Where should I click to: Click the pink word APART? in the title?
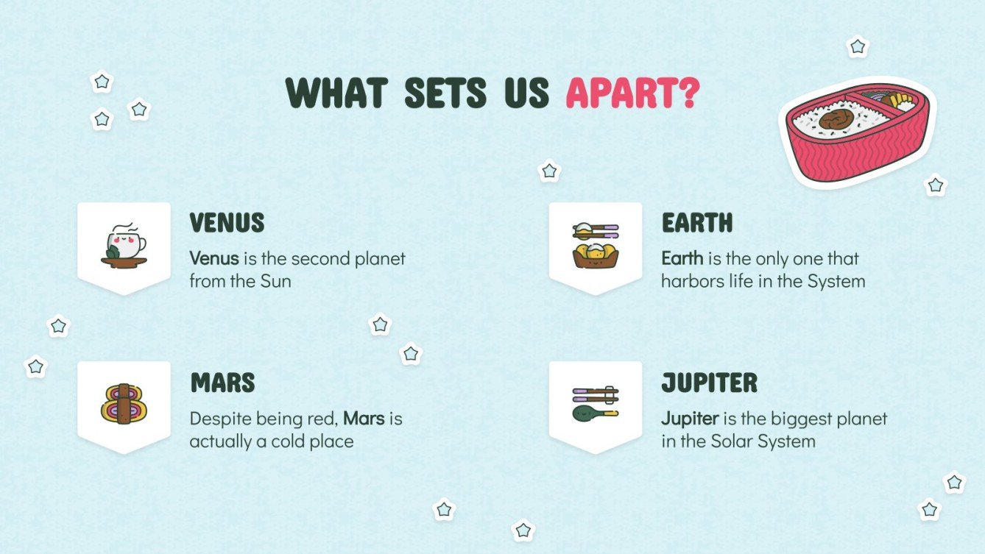[632, 93]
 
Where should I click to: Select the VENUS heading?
[227, 222]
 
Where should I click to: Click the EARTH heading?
[696, 222]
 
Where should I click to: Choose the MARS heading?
[222, 383]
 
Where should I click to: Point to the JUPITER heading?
[709, 383]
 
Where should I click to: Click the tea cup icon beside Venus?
[124, 244]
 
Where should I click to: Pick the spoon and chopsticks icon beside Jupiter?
[595, 402]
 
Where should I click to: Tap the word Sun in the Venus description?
[276, 281]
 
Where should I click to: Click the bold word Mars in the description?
[364, 419]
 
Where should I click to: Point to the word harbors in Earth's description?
[689, 281]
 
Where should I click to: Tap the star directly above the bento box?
[858, 47]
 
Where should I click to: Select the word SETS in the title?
[445, 93]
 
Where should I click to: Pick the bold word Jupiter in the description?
[689, 419]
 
